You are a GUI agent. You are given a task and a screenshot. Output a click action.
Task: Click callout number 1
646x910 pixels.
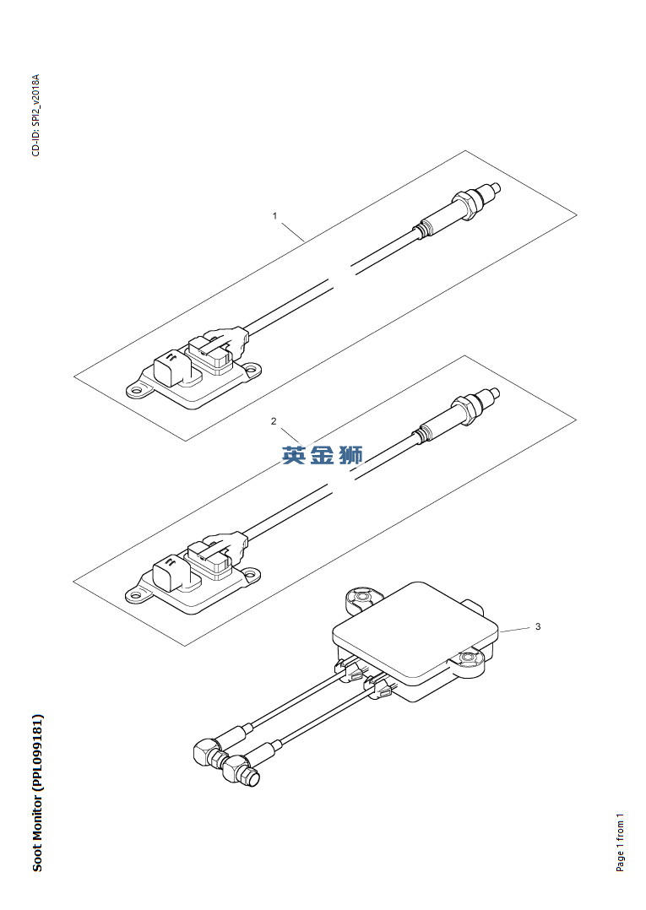coord(275,216)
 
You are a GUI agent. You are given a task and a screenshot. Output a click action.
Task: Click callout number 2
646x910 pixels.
coord(274,421)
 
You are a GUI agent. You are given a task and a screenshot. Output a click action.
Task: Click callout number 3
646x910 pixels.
coord(538,626)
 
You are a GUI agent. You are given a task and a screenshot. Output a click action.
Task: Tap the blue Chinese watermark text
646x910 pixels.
coord(323,455)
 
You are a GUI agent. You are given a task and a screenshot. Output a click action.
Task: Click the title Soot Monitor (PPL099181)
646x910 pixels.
coord(37,793)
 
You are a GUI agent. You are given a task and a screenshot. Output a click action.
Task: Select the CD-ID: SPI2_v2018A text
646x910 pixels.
coord(36,115)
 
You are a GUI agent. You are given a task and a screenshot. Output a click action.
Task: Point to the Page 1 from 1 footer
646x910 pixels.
coord(621,842)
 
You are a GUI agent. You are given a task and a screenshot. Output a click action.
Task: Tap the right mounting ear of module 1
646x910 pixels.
coord(252,368)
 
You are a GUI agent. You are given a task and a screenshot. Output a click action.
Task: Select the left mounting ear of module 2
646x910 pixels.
coord(137,594)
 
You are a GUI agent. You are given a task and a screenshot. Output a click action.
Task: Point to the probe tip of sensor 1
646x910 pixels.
coord(495,188)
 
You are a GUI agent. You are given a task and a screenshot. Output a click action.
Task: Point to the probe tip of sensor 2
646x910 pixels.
coord(495,393)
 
